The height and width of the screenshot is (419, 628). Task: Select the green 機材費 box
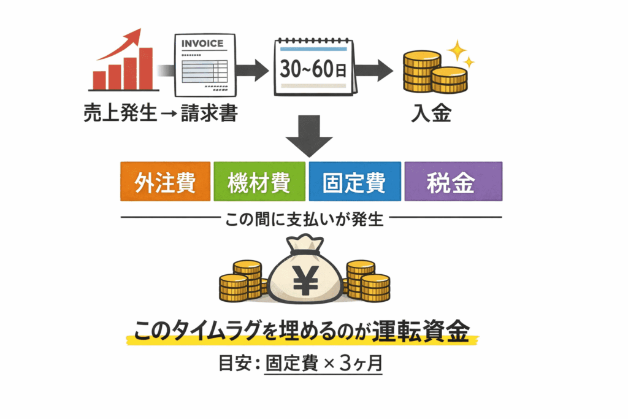258,181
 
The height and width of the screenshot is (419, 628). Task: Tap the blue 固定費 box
354,181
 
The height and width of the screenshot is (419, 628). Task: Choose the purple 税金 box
453,181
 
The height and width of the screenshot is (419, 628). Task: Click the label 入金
432,113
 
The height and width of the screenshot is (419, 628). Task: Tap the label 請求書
209,113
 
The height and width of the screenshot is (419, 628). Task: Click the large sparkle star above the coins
456,48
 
